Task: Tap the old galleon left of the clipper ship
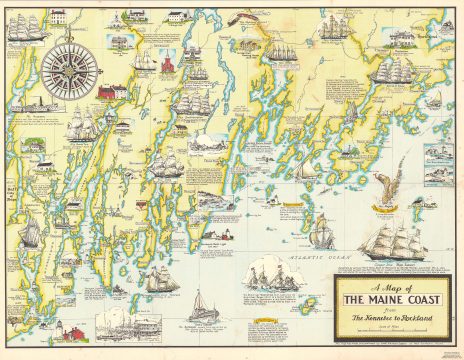321,232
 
